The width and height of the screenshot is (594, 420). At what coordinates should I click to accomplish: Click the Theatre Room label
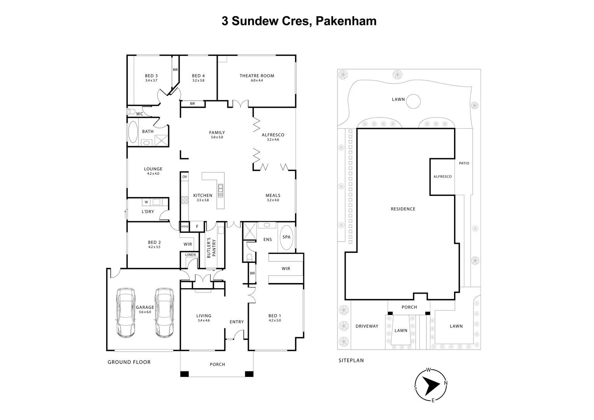[257, 76]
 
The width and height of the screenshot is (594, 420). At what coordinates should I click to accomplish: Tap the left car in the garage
[126, 313]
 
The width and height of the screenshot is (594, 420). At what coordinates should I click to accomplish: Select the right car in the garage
[164, 313]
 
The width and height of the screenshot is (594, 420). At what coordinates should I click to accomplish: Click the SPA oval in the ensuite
[287, 237]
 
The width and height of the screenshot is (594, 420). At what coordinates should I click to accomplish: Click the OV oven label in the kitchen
[185, 177]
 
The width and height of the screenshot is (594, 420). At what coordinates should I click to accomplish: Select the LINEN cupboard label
[190, 255]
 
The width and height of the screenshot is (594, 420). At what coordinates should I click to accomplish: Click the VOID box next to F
[185, 226]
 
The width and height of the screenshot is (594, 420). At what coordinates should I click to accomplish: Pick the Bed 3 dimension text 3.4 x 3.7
[151, 80]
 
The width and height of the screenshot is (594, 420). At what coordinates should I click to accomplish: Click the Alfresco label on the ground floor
[273, 135]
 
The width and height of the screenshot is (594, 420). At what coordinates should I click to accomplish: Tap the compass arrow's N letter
[445, 383]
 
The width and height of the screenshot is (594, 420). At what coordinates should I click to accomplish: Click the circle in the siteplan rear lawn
[413, 101]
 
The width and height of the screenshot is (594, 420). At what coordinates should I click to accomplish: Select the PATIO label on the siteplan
[464, 163]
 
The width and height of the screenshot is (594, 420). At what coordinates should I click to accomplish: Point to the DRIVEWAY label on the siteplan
[367, 326]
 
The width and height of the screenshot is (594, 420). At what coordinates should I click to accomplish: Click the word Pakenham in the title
[346, 21]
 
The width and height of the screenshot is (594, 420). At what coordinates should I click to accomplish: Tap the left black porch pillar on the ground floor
[184, 374]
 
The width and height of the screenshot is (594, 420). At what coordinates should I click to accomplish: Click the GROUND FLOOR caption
[129, 362]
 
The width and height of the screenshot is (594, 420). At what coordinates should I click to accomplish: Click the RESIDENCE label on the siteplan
[403, 209]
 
